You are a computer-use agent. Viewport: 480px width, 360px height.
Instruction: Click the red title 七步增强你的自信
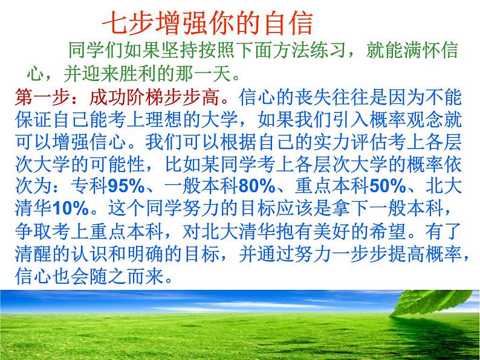tap(207, 23)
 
